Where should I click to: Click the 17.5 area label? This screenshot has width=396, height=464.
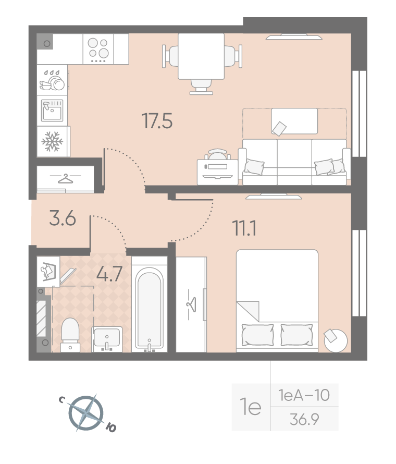[x=157, y=121]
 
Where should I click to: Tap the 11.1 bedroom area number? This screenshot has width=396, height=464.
[x=244, y=228]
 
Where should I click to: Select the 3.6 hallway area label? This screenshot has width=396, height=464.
[x=63, y=218]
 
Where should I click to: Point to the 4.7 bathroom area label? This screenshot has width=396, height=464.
[x=109, y=274]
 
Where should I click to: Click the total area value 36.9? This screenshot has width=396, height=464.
[x=304, y=419]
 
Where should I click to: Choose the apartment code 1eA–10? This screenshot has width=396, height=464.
[x=304, y=395]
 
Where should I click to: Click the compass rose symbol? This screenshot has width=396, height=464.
[x=86, y=413]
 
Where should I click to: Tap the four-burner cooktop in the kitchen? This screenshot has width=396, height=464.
[x=98, y=49]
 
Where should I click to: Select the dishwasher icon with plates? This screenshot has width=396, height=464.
[x=52, y=80]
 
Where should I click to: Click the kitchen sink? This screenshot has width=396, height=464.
[x=52, y=111]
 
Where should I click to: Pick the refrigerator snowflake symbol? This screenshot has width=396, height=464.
[x=52, y=141]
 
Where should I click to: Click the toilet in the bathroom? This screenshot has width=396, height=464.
[x=70, y=335]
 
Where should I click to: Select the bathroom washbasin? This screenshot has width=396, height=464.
[x=107, y=339]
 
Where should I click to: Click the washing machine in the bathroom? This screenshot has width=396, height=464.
[x=48, y=271]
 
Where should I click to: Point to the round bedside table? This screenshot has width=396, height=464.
[x=336, y=340]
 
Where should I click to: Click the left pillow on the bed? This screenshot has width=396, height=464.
[x=257, y=335]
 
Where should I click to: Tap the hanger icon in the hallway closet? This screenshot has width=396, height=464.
[x=65, y=179]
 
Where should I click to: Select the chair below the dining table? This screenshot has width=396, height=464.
[x=201, y=87]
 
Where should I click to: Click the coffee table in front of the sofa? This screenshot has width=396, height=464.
[x=294, y=121]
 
